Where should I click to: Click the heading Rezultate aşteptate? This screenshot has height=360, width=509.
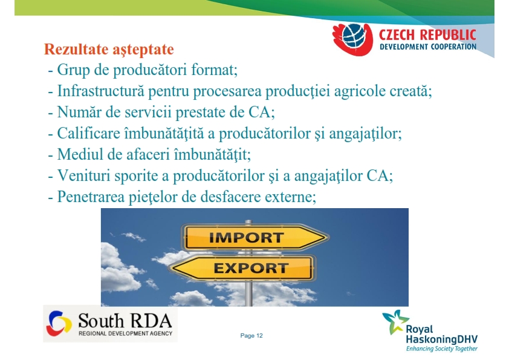tap(109, 50)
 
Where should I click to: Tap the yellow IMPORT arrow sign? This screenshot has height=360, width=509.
tap(256, 238)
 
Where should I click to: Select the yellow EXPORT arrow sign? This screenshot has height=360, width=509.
tap(242, 268)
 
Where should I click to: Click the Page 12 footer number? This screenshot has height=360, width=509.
tap(251, 336)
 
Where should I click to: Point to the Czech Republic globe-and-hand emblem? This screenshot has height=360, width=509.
tap(353, 39)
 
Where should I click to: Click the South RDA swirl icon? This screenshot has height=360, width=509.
tap(59, 323)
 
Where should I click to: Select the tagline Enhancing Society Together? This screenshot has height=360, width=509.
tap(442, 349)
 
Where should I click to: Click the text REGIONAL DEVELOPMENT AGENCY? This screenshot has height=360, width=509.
tap(125, 333)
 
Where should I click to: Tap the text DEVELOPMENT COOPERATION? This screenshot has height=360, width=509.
tap(428, 47)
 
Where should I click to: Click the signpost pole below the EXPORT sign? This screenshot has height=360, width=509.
tap(248, 293)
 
